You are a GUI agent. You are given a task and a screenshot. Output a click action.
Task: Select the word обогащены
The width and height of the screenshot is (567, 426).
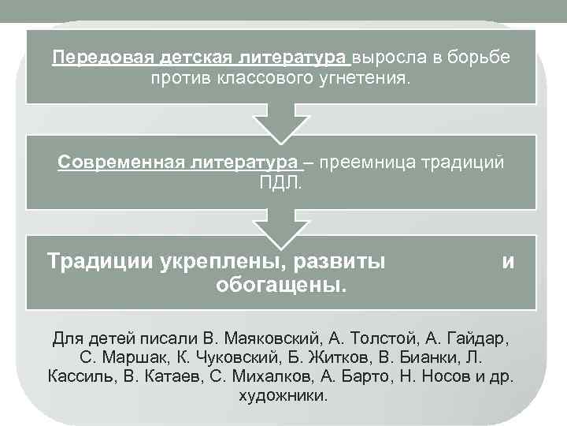tap(280, 283)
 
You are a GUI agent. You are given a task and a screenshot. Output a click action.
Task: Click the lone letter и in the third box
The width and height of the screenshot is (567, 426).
tap(508, 260)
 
